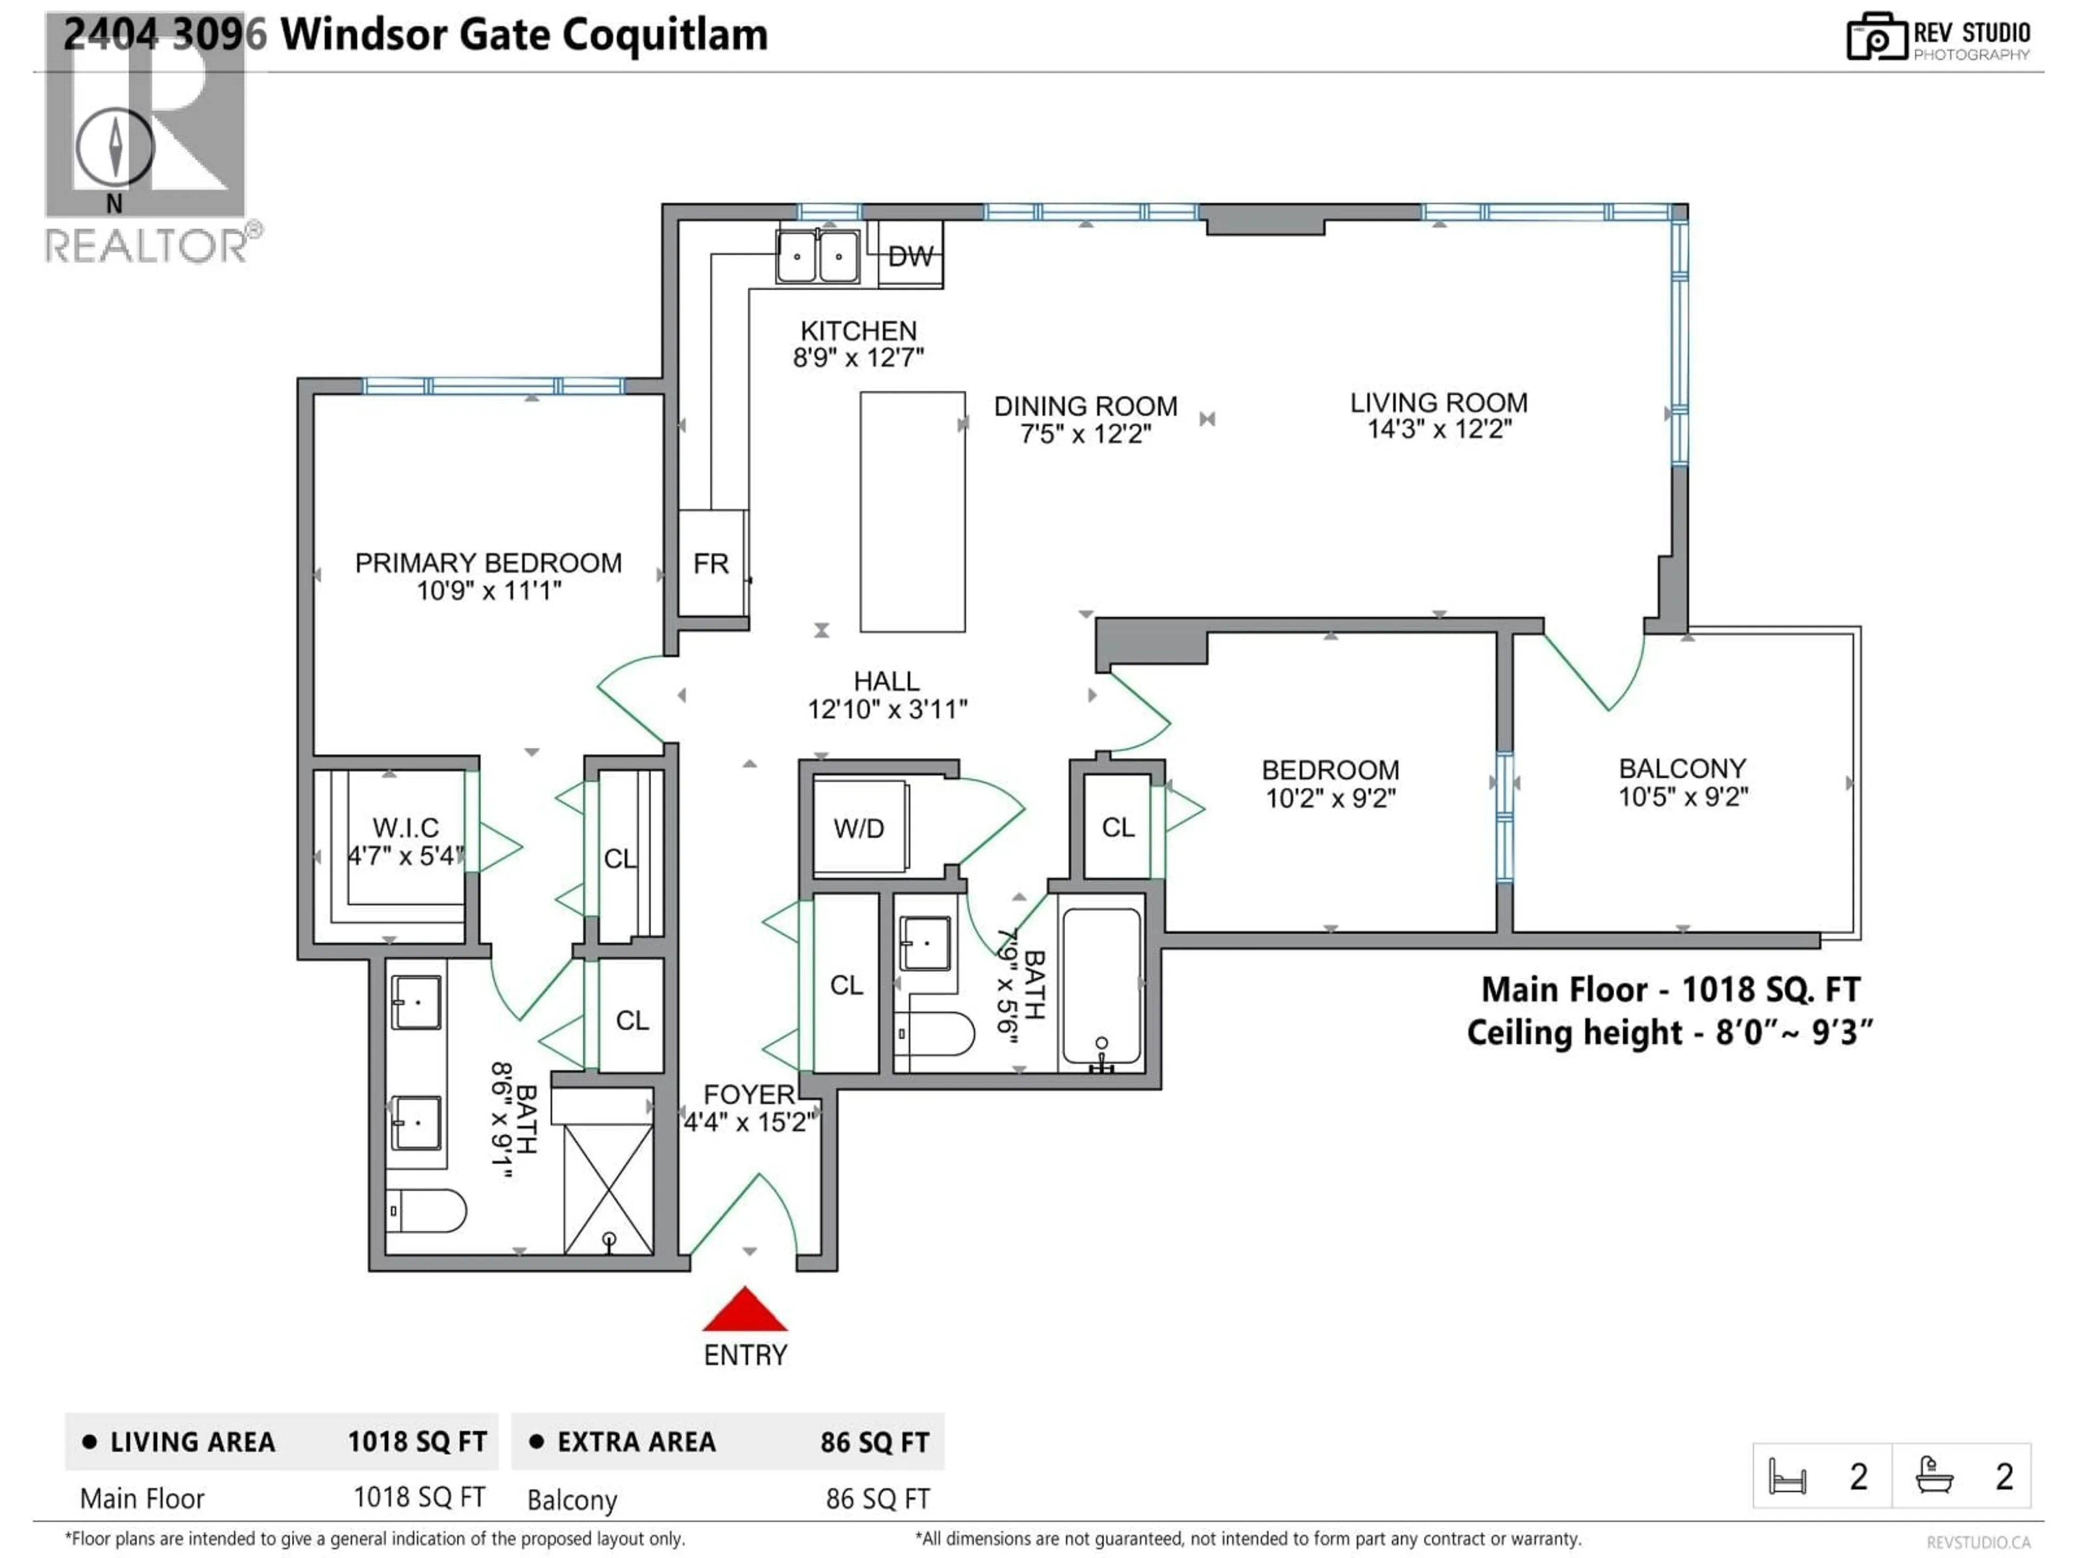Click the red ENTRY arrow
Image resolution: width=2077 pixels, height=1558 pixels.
(745, 1310)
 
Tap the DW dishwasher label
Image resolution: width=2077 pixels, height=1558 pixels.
(910, 256)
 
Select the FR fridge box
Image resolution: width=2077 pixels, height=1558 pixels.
(711, 564)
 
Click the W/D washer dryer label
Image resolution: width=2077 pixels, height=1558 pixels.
(858, 828)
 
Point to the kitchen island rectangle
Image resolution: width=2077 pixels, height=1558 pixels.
(912, 512)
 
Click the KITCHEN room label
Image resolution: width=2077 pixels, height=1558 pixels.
(858, 331)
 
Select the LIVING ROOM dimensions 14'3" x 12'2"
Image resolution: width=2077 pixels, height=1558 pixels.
(1439, 429)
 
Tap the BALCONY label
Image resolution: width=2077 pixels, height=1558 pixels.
(1682, 768)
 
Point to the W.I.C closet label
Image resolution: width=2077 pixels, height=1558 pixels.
(406, 827)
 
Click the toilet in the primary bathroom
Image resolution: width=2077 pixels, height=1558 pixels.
(427, 1211)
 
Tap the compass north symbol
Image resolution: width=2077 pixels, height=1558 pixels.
(115, 148)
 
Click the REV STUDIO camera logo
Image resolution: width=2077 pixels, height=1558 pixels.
(1876, 37)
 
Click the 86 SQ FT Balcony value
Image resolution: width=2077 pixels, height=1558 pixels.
(877, 1500)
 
